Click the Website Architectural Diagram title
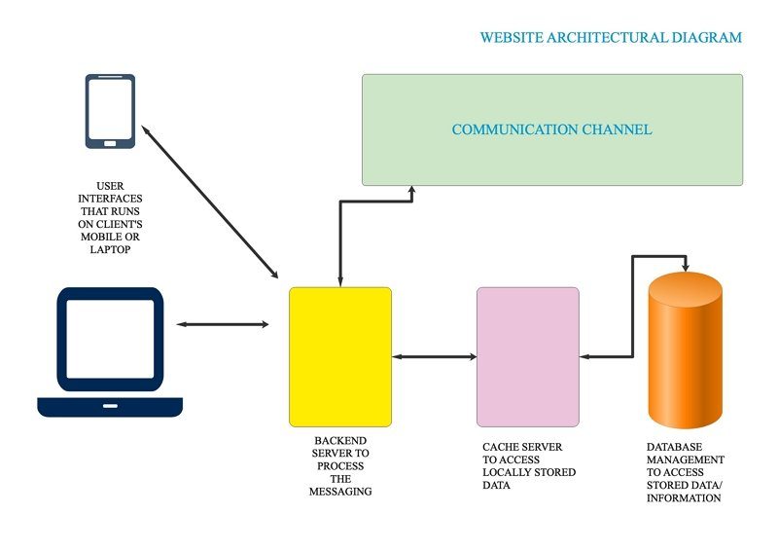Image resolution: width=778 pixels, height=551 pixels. click(x=611, y=38)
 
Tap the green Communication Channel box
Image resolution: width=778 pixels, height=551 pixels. click(x=551, y=129)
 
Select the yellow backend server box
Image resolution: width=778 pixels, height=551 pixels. click(x=340, y=356)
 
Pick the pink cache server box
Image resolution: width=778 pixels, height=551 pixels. click(x=527, y=356)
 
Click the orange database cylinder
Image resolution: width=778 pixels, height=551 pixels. click(x=685, y=356)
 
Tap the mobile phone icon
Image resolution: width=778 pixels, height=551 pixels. click(x=110, y=111)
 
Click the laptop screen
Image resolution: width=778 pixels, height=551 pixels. click(x=110, y=337)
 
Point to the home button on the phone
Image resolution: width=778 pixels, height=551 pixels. click(x=110, y=142)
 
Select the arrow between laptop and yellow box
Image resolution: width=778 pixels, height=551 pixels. click(x=222, y=323)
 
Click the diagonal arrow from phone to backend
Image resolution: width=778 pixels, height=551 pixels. click(x=209, y=202)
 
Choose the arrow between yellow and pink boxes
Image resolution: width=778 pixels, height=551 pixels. click(x=434, y=356)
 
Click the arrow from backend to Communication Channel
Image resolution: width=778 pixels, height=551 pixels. click(x=339, y=234)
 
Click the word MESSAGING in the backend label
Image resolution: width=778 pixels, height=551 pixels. click(x=340, y=492)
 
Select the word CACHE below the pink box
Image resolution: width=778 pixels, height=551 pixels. click(x=503, y=448)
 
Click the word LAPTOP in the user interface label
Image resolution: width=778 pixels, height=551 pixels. click(x=110, y=249)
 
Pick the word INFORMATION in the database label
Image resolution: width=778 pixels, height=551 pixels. click(x=684, y=497)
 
